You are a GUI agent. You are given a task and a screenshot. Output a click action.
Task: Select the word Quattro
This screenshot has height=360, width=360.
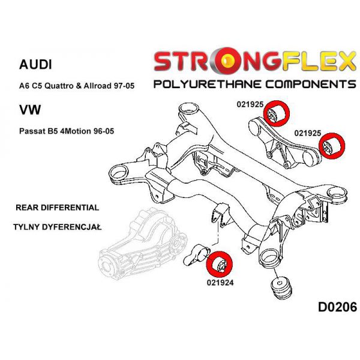click(x=59, y=86)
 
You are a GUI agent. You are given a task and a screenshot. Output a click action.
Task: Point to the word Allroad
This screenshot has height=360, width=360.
click(x=98, y=86)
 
